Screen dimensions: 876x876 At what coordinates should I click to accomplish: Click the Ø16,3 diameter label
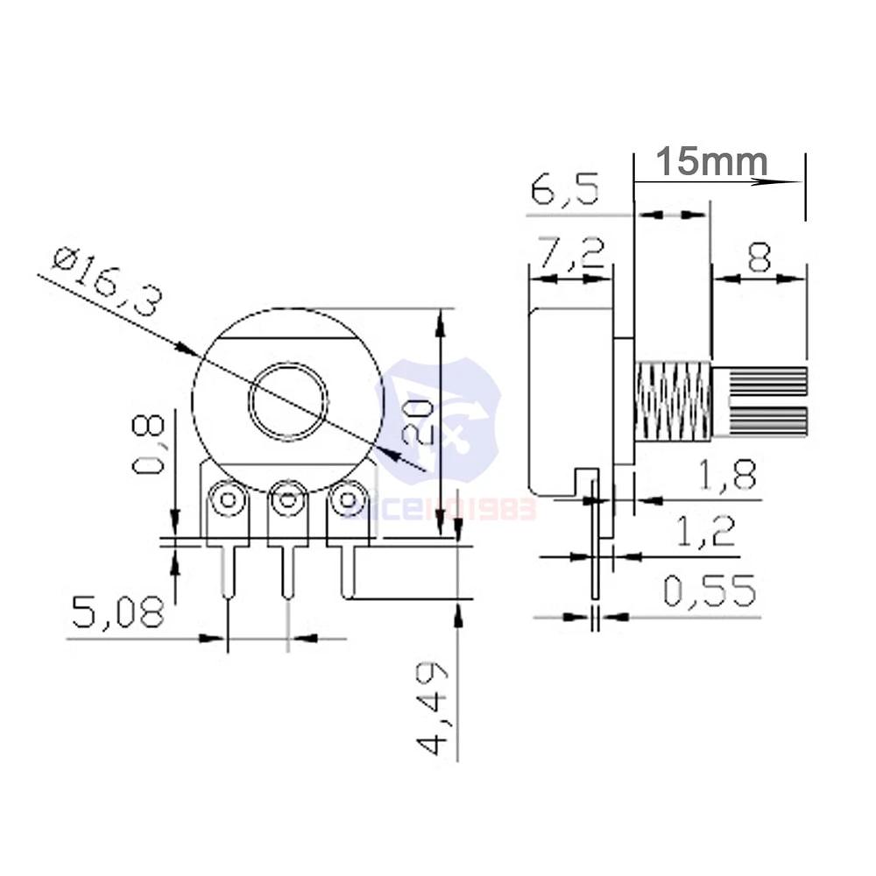tap(108, 282)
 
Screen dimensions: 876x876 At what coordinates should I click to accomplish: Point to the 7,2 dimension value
tap(570, 254)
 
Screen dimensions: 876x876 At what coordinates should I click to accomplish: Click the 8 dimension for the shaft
tap(759, 258)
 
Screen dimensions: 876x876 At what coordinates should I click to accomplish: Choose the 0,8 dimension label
tap(149, 444)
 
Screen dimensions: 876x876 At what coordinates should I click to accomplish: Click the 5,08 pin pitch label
tap(118, 612)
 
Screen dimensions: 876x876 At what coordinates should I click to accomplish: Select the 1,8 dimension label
tap(726, 476)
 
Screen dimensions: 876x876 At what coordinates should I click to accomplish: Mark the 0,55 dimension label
tap(710, 591)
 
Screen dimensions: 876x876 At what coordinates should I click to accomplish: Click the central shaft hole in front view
tap(288, 401)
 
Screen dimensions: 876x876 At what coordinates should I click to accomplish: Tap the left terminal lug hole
tap(229, 501)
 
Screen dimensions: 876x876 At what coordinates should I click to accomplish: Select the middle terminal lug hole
tap(288, 501)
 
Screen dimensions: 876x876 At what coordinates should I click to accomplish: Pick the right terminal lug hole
tap(349, 501)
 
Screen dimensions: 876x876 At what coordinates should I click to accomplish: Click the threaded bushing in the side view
tap(672, 401)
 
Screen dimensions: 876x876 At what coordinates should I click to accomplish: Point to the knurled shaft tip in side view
tap(760, 401)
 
